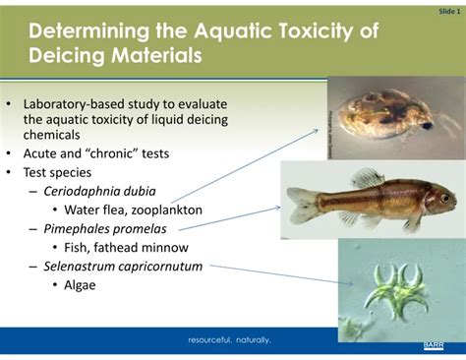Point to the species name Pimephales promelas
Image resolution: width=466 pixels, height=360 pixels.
pyautogui.click(x=104, y=227)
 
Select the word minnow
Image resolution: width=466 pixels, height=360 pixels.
pyautogui.click(x=165, y=246)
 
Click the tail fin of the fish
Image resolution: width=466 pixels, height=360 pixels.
pyautogui.click(x=299, y=204)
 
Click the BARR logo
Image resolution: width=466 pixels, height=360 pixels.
pyautogui.click(x=434, y=344)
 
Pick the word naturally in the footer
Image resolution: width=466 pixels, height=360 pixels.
pyautogui.click(x=253, y=340)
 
